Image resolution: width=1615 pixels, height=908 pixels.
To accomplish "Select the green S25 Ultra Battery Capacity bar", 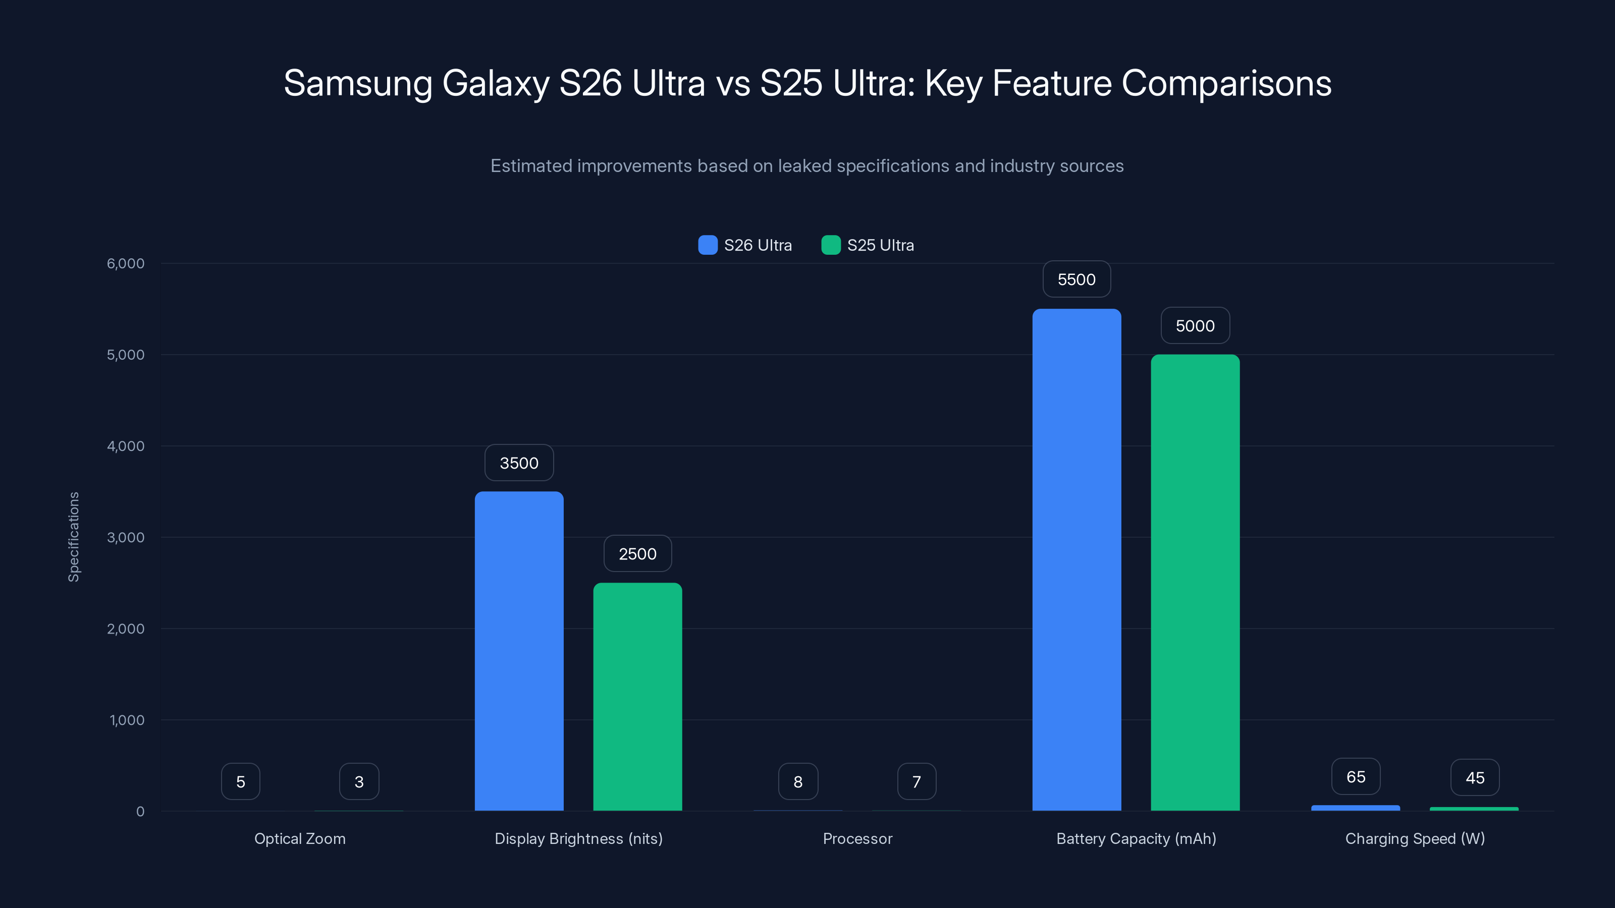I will click(x=1195, y=583).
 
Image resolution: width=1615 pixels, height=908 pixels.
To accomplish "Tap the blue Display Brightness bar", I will click(x=519, y=651).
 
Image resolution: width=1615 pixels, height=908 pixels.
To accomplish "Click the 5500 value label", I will click(x=1076, y=279).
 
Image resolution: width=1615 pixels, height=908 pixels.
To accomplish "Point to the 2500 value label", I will click(x=637, y=554).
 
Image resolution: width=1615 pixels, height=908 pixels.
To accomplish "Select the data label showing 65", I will click(x=1356, y=777).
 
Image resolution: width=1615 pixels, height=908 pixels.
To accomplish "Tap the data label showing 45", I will click(x=1475, y=778).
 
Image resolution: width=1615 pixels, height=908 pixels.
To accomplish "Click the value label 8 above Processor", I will click(x=797, y=781).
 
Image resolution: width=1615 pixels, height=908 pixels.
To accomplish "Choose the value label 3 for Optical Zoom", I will click(x=359, y=781).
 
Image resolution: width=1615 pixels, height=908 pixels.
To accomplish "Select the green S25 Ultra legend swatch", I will click(x=831, y=245).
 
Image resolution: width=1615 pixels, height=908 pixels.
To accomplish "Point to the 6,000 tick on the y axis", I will click(x=125, y=263).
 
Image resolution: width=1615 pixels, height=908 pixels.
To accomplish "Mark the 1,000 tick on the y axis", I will click(x=127, y=720).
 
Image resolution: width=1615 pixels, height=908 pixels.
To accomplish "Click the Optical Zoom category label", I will click(x=300, y=838).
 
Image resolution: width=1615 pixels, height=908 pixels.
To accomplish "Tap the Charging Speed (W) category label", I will click(x=1415, y=838).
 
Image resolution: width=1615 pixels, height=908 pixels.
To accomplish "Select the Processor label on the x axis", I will click(x=857, y=838).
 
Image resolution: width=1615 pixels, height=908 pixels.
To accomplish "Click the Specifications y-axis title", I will click(x=74, y=537).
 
